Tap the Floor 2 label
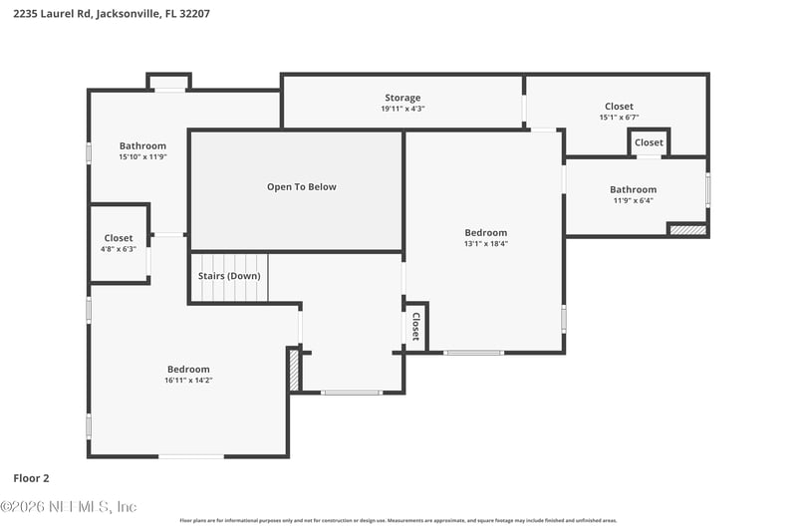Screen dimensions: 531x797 coord(31,477)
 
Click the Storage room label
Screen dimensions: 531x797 coord(402,98)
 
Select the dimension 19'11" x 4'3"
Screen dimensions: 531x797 coord(402,109)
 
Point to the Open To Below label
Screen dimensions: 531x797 coord(301,187)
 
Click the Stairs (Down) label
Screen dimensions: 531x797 coord(229,276)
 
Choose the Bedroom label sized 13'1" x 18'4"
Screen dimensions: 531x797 coord(485,233)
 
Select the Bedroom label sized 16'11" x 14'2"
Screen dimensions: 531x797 coord(188,369)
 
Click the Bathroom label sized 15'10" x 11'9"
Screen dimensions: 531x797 coord(142,146)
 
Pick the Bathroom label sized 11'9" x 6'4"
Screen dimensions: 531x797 coord(633,189)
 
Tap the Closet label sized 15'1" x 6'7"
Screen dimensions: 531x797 coord(618,107)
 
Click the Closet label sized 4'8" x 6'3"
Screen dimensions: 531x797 coord(119,238)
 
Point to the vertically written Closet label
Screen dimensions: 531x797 coord(415,327)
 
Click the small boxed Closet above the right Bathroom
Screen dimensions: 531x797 coord(649,142)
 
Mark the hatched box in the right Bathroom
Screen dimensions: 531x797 coord(687,230)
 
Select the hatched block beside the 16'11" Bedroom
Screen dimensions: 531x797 coord(294,370)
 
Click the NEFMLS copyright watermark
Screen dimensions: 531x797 coord(69,506)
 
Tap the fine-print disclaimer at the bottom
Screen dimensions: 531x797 coord(398,520)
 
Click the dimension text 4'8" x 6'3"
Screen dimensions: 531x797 coord(119,249)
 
